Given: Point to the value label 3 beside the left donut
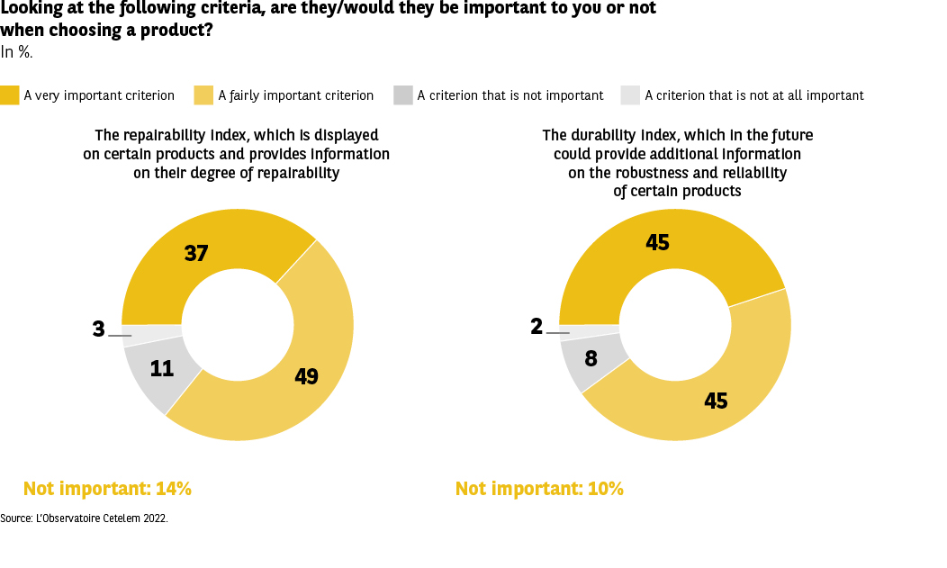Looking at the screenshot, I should point(98,329).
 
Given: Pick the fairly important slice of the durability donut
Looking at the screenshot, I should point(711,396).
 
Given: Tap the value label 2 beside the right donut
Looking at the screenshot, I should point(537,327).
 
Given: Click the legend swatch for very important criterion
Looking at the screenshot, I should point(10,95).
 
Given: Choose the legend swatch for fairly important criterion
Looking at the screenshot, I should point(204,95).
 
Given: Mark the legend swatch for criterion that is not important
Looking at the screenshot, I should point(403,95).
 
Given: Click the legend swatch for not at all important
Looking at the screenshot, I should point(630,95).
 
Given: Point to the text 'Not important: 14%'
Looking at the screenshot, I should point(107,489).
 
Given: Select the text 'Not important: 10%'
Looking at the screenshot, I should point(539,489).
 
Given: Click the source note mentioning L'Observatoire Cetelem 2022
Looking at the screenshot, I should point(84,518).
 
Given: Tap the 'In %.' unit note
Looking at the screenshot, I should point(16,52).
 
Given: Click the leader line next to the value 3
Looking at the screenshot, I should point(121,336).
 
